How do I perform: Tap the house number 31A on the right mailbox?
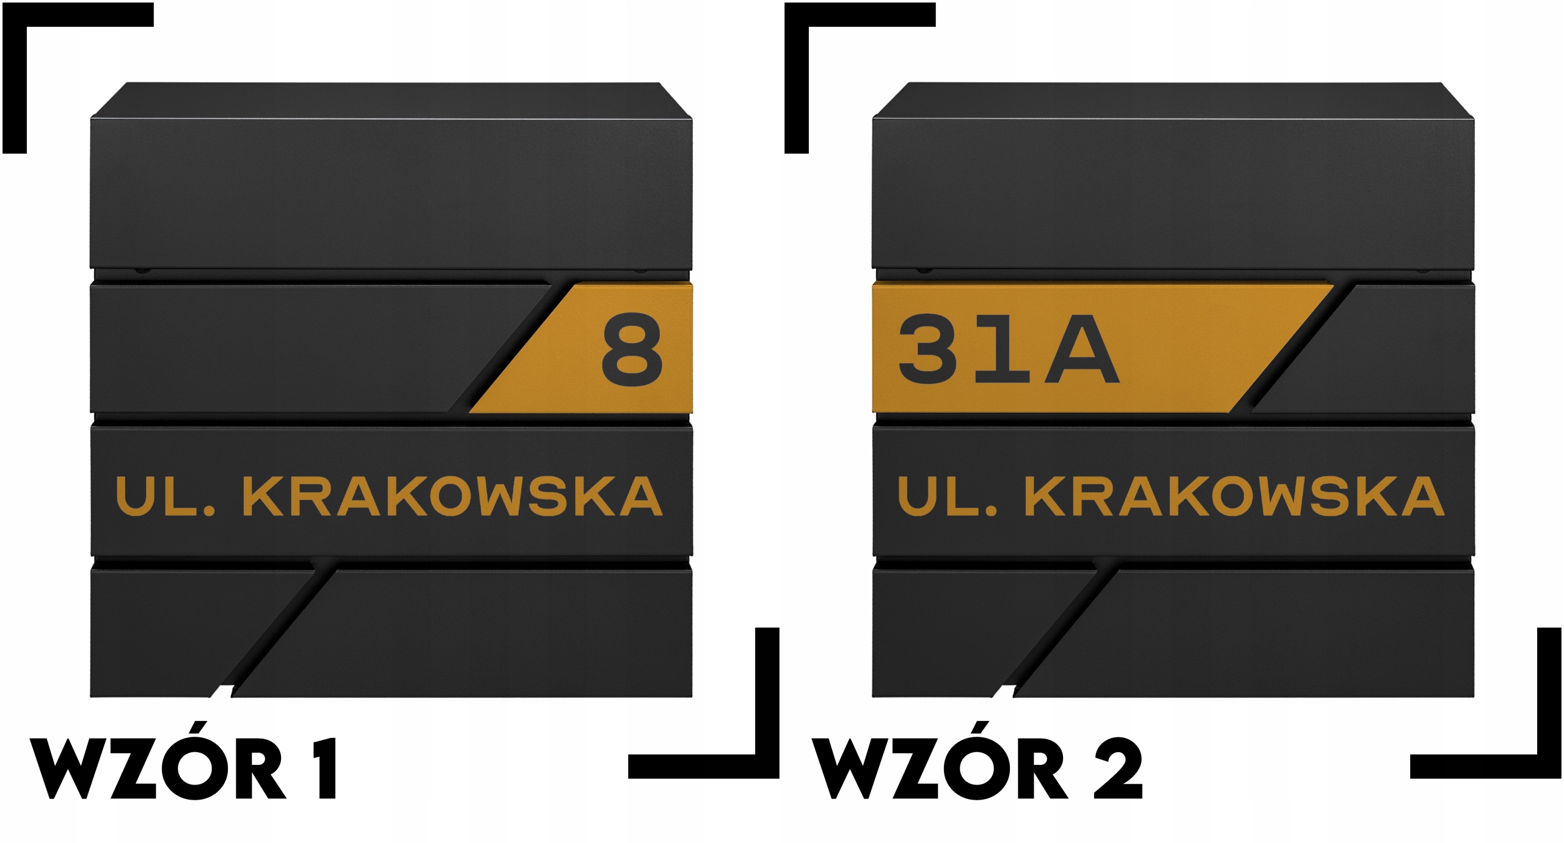click(x=1008, y=349)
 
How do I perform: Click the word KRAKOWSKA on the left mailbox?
click(x=453, y=496)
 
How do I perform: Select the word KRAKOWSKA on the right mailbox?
click(x=1235, y=496)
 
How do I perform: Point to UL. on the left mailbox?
click(x=165, y=496)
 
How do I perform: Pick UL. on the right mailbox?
click(x=947, y=496)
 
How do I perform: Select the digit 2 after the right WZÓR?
click(x=1118, y=769)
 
